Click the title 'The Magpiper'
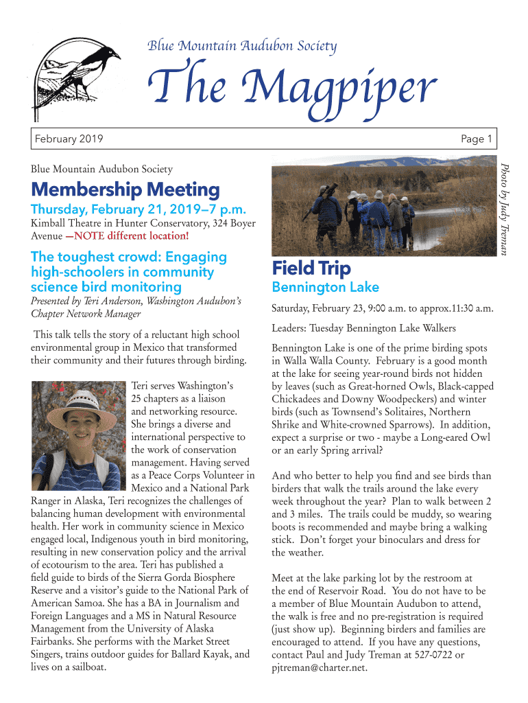coord(292,89)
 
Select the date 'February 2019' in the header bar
coord(69,140)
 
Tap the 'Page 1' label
coord(477,140)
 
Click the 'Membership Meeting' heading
coord(125,189)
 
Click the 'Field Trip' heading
coord(311,268)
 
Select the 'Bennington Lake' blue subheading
coord(325,287)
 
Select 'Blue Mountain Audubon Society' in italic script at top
coord(242,46)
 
